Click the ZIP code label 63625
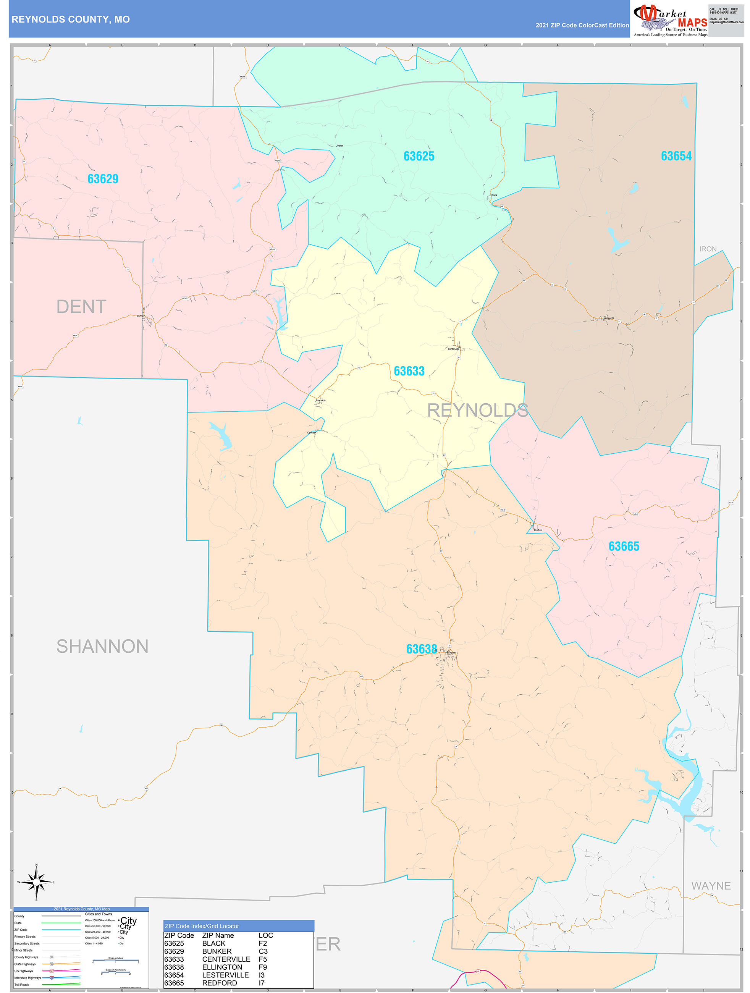click(419, 156)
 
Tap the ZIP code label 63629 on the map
click(103, 179)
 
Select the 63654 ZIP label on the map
click(676, 156)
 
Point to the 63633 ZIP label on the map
click(409, 371)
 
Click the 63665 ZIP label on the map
click(624, 546)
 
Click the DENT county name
click(81, 307)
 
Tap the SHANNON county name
click(102, 647)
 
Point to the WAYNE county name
click(711, 886)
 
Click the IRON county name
click(708, 249)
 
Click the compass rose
click(36, 882)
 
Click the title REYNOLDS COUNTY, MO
click(71, 19)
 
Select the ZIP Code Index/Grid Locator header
click(202, 926)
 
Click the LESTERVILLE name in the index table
click(225, 975)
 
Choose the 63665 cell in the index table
click(174, 983)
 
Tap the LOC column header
click(266, 936)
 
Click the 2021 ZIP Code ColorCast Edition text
click(582, 25)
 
